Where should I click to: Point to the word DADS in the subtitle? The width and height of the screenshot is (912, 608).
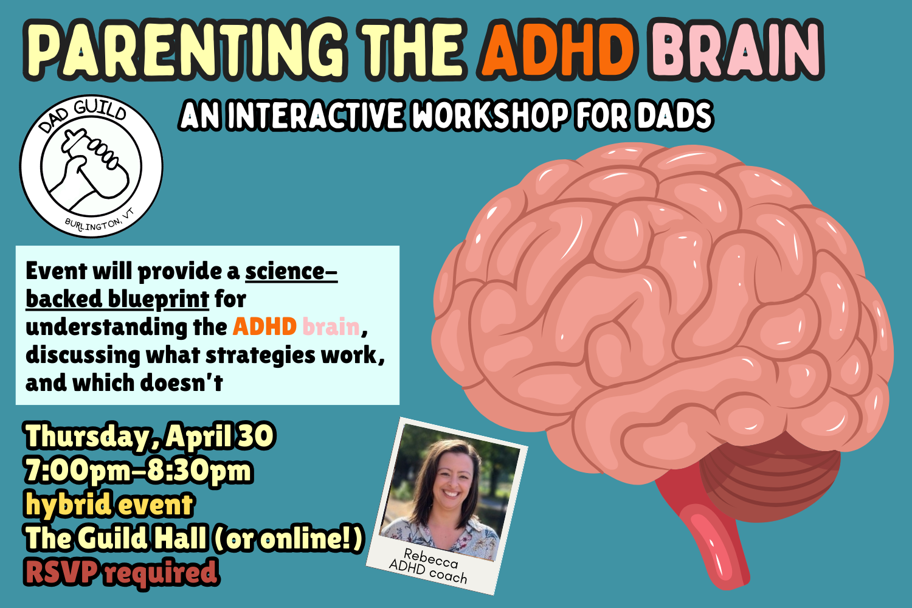(674, 116)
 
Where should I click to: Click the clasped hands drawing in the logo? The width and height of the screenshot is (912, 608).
(91, 167)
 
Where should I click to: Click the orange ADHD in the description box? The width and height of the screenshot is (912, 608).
(264, 327)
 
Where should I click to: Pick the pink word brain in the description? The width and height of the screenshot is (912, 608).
(331, 327)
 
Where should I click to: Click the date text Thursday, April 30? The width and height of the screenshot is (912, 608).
(150, 437)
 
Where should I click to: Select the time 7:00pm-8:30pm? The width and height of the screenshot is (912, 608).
(138, 471)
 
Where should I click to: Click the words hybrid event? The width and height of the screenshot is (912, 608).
(109, 505)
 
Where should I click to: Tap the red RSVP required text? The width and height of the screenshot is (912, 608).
(121, 573)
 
